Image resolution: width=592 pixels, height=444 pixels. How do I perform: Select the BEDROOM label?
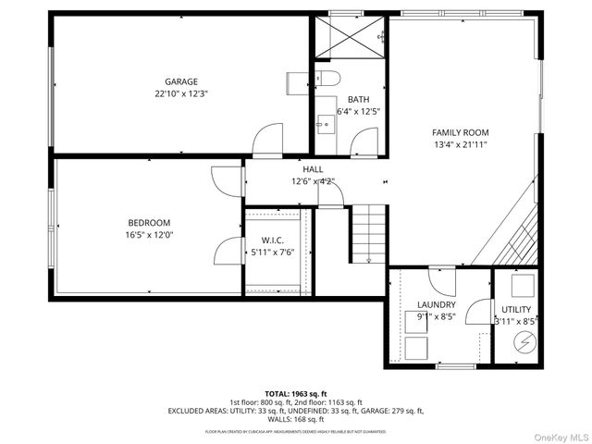pyautogui.click(x=149, y=222)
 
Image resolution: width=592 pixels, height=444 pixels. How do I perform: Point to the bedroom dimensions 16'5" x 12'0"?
pyautogui.click(x=149, y=234)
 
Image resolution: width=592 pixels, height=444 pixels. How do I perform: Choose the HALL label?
pyautogui.click(x=314, y=169)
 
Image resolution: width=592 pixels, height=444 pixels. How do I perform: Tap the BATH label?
pyautogui.click(x=358, y=99)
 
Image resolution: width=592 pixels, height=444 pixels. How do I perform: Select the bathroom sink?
pyautogui.click(x=323, y=120)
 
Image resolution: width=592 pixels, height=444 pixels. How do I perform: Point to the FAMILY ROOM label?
pyautogui.click(x=460, y=132)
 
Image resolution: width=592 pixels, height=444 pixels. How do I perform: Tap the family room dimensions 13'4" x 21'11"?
pyautogui.click(x=460, y=144)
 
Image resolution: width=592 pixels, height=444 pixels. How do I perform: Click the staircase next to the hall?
pyautogui.click(x=367, y=236)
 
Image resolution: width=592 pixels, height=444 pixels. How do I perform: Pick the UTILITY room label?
pyautogui.click(x=516, y=309)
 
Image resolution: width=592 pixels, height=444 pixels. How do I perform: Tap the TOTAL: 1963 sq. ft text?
pyautogui.click(x=296, y=394)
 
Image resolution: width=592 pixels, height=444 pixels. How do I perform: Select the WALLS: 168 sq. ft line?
pyautogui.click(x=296, y=419)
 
